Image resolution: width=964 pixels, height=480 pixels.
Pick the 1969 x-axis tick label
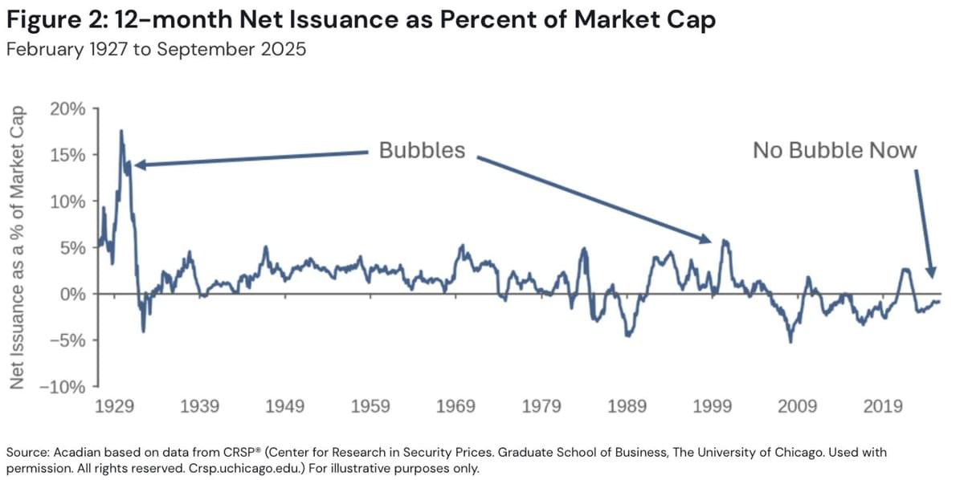point(456,406)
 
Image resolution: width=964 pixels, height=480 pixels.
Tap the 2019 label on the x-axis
point(883,406)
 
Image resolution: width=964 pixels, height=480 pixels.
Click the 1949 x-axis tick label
point(285,406)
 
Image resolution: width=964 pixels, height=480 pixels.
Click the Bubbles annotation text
point(422,150)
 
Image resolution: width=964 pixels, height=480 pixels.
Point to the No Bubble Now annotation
point(835,150)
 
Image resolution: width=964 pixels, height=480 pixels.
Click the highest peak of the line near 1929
point(121,130)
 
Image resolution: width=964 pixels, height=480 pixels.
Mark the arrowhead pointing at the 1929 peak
point(138,165)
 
